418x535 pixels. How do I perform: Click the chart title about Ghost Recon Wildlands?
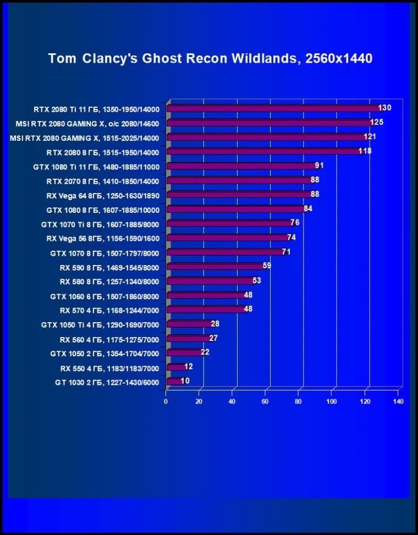pyautogui.click(x=210, y=58)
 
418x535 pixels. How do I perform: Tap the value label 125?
pyautogui.click(x=377, y=122)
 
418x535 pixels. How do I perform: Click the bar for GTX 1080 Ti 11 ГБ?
pyautogui.click(x=240, y=166)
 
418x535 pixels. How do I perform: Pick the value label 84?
pyautogui.click(x=308, y=208)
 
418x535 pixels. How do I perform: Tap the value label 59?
pyautogui.click(x=267, y=266)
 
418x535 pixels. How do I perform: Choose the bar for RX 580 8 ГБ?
pyautogui.click(x=210, y=281)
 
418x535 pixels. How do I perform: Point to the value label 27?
pyautogui.click(x=213, y=338)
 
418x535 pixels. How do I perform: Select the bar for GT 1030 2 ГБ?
pyautogui.click(x=174, y=381)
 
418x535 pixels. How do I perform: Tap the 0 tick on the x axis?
pyautogui.click(x=166, y=401)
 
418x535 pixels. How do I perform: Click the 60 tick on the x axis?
pyautogui.click(x=266, y=401)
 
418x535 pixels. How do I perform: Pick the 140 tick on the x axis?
pyautogui.click(x=398, y=401)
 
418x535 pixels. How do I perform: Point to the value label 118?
pyautogui.click(x=365, y=151)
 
